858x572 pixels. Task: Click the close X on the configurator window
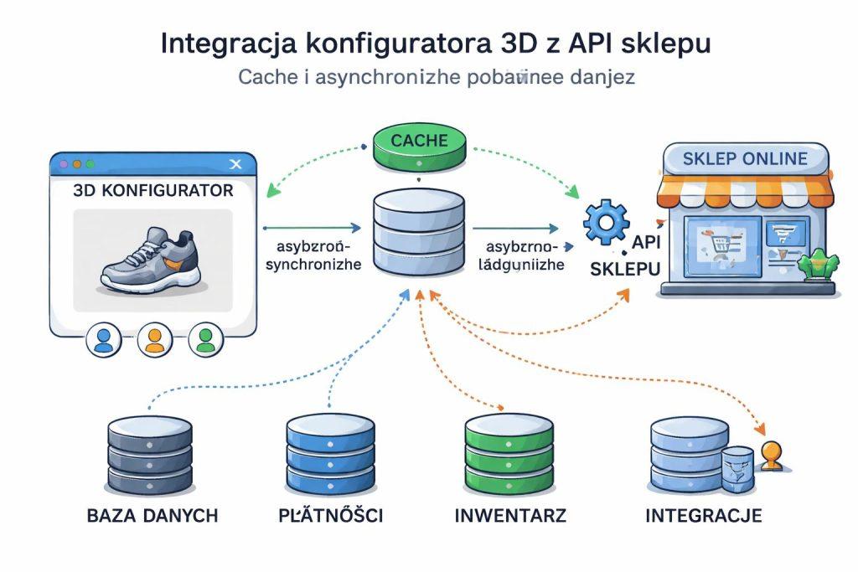tap(235, 164)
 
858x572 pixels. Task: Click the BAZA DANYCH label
tap(152, 515)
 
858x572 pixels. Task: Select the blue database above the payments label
tap(328, 456)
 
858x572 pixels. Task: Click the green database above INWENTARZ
tap(509, 456)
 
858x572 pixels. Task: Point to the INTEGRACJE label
tap(704, 515)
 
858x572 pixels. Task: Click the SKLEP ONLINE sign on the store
tap(745, 158)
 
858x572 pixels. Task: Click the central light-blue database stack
tap(419, 234)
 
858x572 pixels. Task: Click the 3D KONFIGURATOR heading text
tap(153, 191)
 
